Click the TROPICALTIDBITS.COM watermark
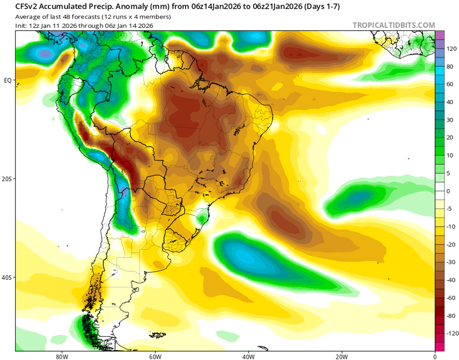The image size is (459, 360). pyautogui.click(x=394, y=25)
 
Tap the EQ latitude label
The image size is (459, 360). pyautogui.click(x=8, y=80)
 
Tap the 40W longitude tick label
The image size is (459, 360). pyautogui.click(x=248, y=355)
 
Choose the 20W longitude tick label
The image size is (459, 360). pyautogui.click(x=341, y=355)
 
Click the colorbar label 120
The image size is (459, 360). pyautogui.click(x=451, y=48)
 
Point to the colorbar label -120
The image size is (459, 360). pyautogui.click(x=452, y=333)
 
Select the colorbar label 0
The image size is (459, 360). pyautogui.click(x=448, y=191)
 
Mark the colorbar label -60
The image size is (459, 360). pyautogui.click(x=451, y=298)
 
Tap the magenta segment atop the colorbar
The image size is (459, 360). pyautogui.click(x=440, y=35)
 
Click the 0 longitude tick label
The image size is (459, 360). pyautogui.click(x=435, y=355)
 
